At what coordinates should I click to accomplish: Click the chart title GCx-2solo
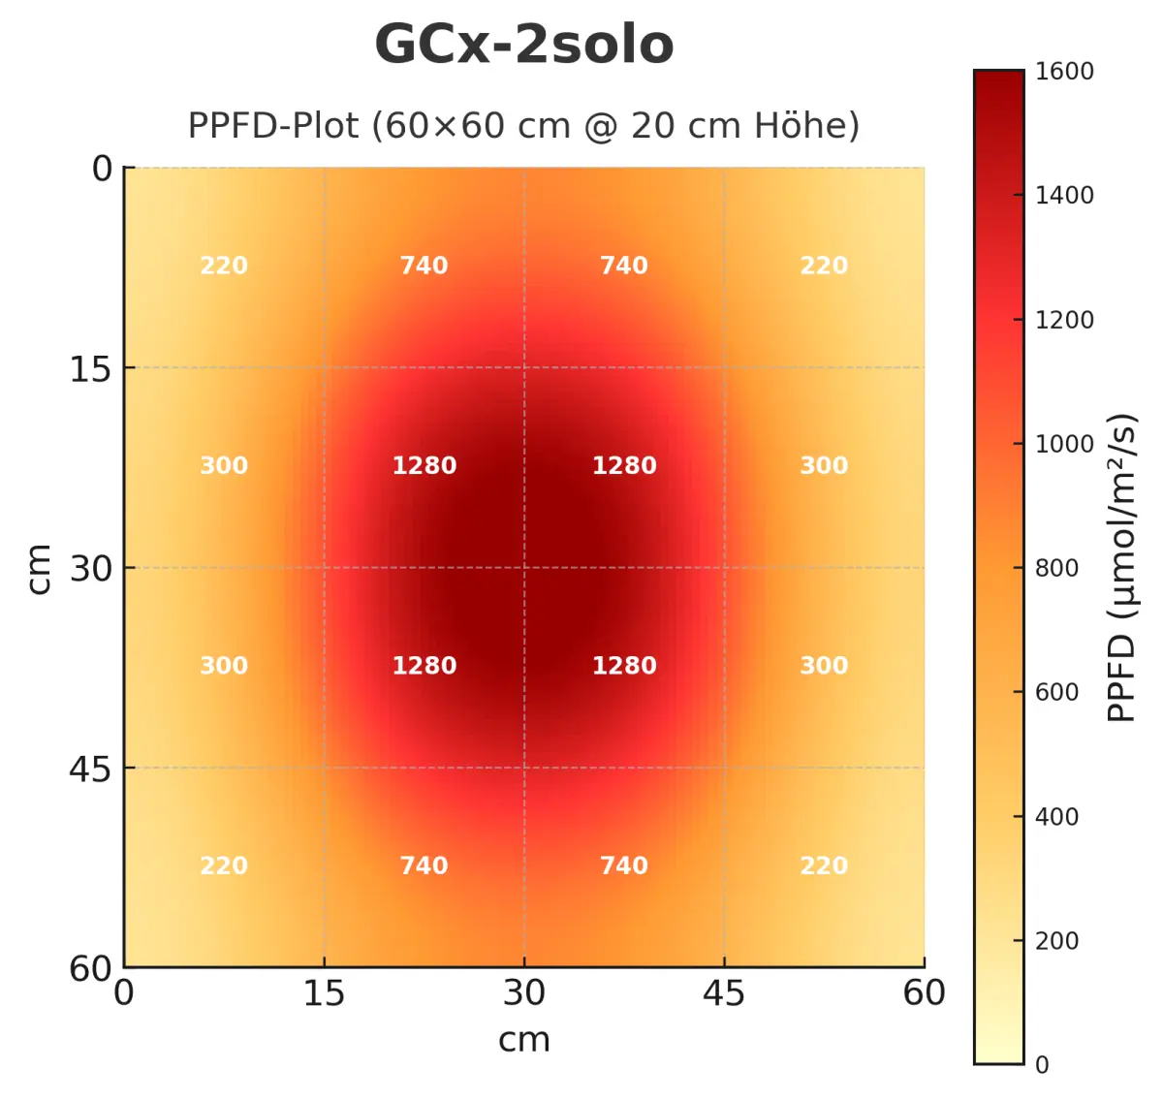pyautogui.click(x=523, y=45)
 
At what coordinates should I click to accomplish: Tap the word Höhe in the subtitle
pyautogui.click(x=796, y=126)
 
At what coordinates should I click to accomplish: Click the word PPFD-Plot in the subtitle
pyautogui.click(x=273, y=126)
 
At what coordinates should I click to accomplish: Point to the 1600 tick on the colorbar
pyautogui.click(x=1063, y=72)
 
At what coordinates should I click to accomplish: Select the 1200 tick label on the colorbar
pyautogui.click(x=1063, y=320)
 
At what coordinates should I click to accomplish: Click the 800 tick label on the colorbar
pyautogui.click(x=1056, y=568)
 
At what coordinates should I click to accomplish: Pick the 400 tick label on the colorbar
pyautogui.click(x=1056, y=817)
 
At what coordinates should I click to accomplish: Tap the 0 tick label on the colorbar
pyautogui.click(x=1042, y=1065)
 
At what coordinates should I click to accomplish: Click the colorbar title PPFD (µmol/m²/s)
pyautogui.click(x=1121, y=568)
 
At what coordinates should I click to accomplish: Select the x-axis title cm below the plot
pyautogui.click(x=523, y=1040)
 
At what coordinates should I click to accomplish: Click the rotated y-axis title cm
pyautogui.click(x=39, y=568)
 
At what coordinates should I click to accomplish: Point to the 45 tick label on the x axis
pyautogui.click(x=724, y=993)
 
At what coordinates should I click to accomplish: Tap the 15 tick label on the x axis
pyautogui.click(x=324, y=993)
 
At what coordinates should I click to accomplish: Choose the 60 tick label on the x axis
pyautogui.click(x=924, y=993)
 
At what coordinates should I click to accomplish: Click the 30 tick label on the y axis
pyautogui.click(x=90, y=569)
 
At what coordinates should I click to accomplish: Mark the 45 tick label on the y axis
pyautogui.click(x=90, y=770)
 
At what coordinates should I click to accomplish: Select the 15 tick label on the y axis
pyautogui.click(x=90, y=369)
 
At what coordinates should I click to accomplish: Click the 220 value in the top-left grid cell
pyautogui.click(x=224, y=266)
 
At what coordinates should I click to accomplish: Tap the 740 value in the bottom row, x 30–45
pyautogui.click(x=624, y=865)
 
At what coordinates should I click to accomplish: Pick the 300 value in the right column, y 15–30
pyautogui.click(x=824, y=465)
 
